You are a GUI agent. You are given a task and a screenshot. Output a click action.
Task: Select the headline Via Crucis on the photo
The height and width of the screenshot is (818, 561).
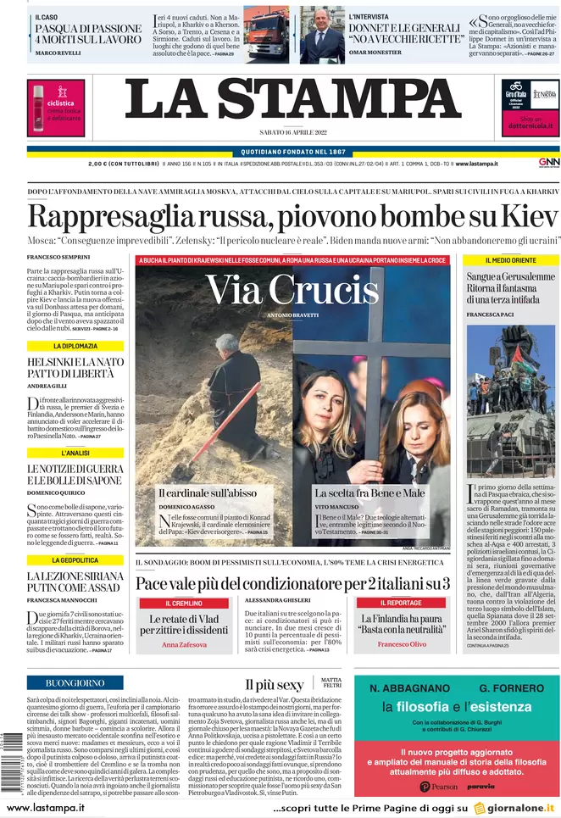point(292,291)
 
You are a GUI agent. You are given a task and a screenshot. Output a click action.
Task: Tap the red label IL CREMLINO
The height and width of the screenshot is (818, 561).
point(183,603)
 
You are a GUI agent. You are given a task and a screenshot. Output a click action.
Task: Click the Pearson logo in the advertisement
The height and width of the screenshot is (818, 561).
point(438,787)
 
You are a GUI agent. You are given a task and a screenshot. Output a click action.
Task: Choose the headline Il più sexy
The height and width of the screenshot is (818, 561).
point(274,684)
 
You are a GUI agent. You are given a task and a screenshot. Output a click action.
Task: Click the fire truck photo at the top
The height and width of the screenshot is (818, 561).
point(267,34)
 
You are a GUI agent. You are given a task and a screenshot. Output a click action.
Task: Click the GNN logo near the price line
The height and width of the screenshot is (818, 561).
point(547,163)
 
